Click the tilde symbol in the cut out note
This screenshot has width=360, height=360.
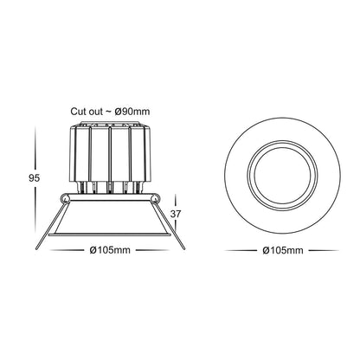(106, 112)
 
